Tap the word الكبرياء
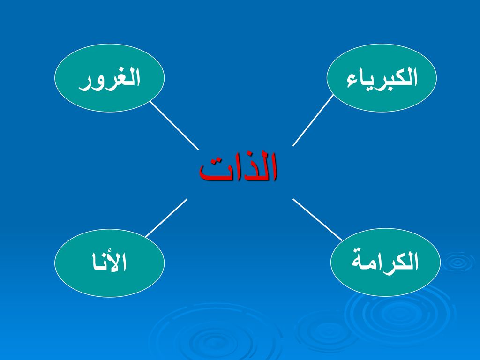pyautogui.click(x=382, y=78)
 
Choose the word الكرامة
pyautogui.click(x=385, y=261)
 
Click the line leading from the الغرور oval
pyautogui.click(x=174, y=126)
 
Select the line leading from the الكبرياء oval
pyautogui.click(x=313, y=120)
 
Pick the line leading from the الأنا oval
pyautogui.click(x=166, y=218)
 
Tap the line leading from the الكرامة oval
pyautogui.click(x=317, y=220)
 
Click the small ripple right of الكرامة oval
pyautogui.click(x=458, y=262)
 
